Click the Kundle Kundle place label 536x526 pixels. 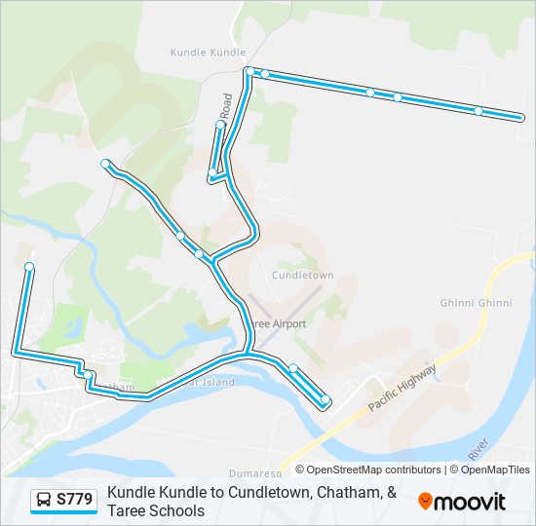(208, 53)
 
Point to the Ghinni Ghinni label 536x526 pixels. (476, 303)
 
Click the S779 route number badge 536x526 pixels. (75, 501)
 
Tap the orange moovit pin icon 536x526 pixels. (426, 502)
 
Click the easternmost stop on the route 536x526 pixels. (518, 118)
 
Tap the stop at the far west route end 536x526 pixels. (29, 267)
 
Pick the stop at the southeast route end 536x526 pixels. (325, 399)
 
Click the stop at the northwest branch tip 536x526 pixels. (105, 164)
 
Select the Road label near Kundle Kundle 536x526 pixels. (227, 105)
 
